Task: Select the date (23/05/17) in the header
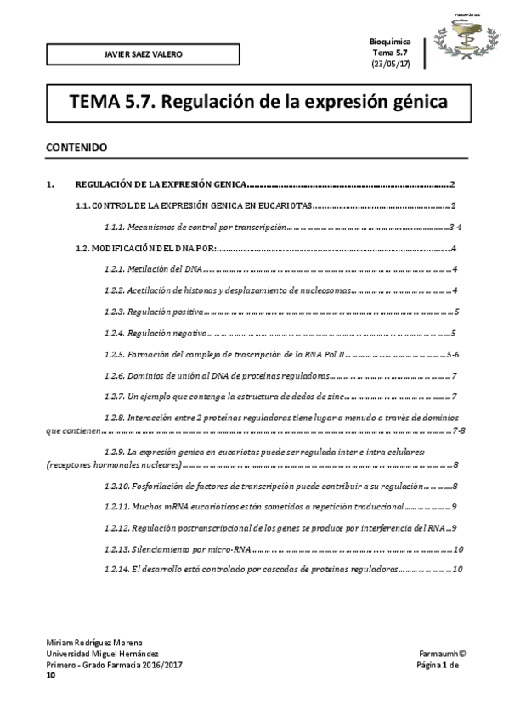coord(391,65)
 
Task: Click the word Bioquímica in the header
coord(391,42)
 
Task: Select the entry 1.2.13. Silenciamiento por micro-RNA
coord(178,548)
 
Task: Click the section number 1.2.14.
coord(116,569)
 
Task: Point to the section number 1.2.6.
coord(114,375)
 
